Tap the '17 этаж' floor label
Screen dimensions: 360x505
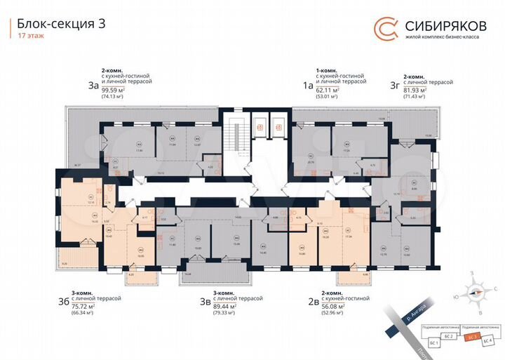pos(29,36)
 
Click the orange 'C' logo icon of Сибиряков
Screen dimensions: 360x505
pos(384,29)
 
